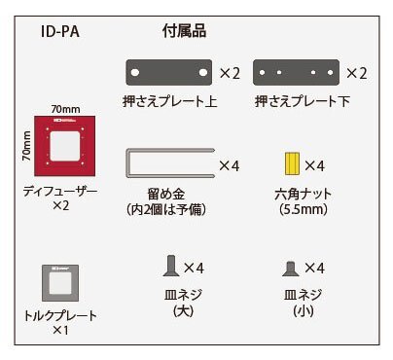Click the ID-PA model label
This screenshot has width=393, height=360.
[x=61, y=31]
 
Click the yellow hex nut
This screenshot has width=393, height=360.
[x=289, y=164]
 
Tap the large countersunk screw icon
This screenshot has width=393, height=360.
[x=171, y=266]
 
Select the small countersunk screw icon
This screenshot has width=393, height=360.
[x=289, y=268]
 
